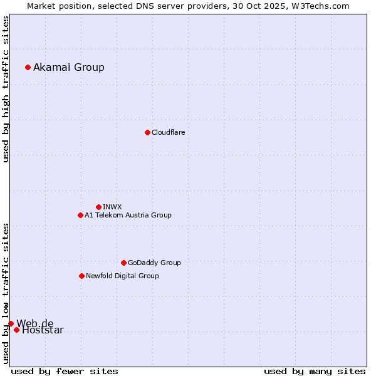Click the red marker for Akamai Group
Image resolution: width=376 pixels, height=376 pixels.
point(28,67)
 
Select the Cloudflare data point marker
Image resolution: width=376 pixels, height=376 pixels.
point(147,132)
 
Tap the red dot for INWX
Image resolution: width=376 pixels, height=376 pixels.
point(98,207)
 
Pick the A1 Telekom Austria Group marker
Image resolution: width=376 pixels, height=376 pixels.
point(80,215)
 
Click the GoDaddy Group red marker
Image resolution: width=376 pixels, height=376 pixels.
point(123,263)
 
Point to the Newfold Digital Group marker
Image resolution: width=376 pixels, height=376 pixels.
point(81,276)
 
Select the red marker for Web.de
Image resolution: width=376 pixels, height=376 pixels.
point(11,323)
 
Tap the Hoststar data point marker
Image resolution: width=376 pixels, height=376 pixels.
point(16,330)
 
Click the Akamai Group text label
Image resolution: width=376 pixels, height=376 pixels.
point(69,67)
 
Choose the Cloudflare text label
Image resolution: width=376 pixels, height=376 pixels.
point(168,132)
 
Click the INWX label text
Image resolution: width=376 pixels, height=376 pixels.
point(112,207)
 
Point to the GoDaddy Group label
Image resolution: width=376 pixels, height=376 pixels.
point(154,263)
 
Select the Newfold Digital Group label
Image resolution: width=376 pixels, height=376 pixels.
point(122,276)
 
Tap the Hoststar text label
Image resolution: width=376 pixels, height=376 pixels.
point(43,331)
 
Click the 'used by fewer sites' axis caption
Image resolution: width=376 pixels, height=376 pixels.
point(65,371)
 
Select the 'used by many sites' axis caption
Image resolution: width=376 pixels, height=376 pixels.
point(315,371)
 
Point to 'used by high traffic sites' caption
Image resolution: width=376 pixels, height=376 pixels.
point(6,89)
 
